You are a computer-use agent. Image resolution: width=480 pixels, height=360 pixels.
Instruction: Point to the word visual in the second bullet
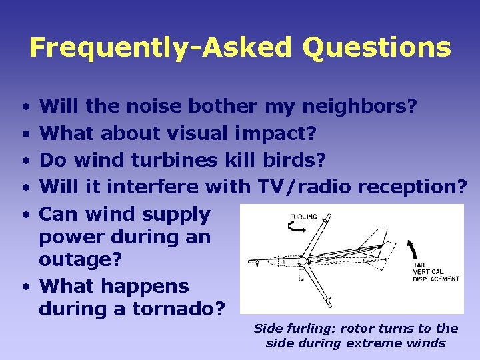click(197, 133)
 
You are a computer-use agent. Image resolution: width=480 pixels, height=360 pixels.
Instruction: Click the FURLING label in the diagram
click(303, 217)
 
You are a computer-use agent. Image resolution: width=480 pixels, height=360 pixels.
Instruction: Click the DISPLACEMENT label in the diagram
click(437, 279)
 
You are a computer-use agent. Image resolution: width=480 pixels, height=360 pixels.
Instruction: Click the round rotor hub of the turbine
click(302, 261)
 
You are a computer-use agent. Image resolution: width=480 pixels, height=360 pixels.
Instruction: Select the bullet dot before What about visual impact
click(24, 133)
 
